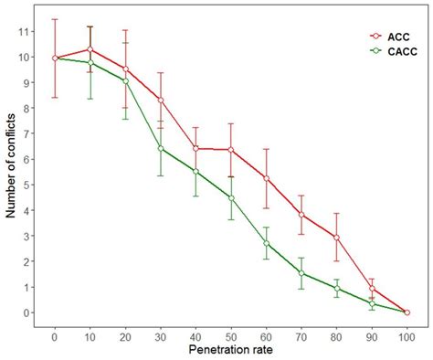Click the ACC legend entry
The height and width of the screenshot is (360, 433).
tap(395, 37)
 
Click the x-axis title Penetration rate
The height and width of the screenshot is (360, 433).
tap(231, 348)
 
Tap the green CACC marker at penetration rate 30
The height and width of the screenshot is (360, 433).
tap(161, 148)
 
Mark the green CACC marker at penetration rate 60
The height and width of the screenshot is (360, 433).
tap(267, 243)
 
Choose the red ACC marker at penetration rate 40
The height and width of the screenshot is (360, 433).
tap(196, 148)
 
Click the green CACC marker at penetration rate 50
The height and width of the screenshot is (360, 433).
tap(231, 197)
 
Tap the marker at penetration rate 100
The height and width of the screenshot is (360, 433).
tap(407, 312)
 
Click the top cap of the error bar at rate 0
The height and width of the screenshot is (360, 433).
tap(55, 19)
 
